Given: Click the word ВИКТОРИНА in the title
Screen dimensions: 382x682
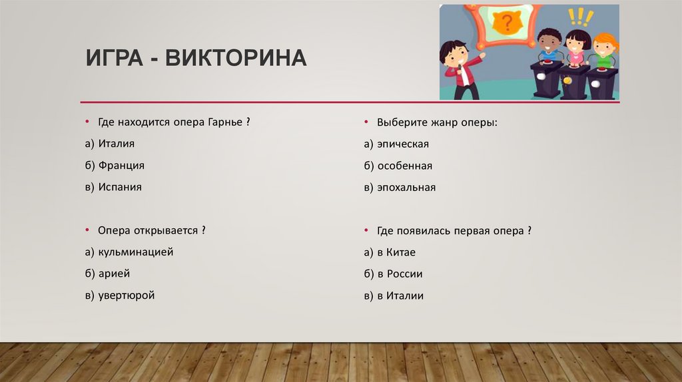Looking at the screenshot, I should click(x=236, y=59).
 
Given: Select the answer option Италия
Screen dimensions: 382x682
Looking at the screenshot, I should click(x=117, y=144).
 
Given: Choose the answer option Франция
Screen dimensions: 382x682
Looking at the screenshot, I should click(x=121, y=166).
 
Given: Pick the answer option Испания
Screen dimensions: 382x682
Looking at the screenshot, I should click(x=120, y=188).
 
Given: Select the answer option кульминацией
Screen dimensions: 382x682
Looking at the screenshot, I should click(x=135, y=252).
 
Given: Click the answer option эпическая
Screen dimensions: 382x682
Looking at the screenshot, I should click(x=402, y=144).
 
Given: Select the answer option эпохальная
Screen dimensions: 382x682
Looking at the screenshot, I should click(x=406, y=188).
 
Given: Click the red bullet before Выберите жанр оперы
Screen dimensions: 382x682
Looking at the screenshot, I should click(x=366, y=122).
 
